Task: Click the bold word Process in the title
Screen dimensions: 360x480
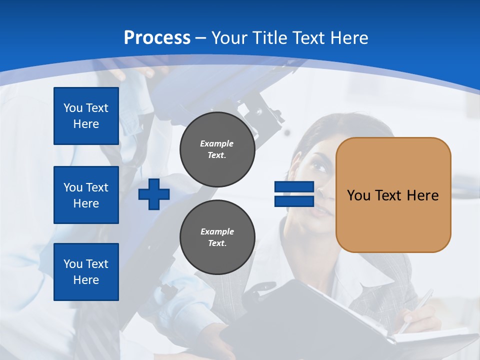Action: pos(157,37)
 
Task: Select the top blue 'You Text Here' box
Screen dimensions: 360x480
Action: pos(86,116)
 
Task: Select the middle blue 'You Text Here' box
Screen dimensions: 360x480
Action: pos(86,195)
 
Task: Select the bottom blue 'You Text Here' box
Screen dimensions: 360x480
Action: pos(86,272)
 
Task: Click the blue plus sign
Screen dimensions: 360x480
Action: pos(154,195)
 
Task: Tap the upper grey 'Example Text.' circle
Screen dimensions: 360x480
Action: pos(217,149)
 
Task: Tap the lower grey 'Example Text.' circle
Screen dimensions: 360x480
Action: pos(217,237)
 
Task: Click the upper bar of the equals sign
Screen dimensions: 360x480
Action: pos(294,187)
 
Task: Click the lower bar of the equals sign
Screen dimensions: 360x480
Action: pos(294,201)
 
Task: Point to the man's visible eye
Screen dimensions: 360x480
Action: pos(320,167)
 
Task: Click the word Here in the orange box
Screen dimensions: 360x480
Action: pos(422,195)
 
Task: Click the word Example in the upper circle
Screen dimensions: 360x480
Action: pos(217,143)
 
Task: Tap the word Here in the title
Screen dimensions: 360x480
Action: pos(349,38)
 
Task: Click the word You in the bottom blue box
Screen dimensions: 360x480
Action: pos(73,264)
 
